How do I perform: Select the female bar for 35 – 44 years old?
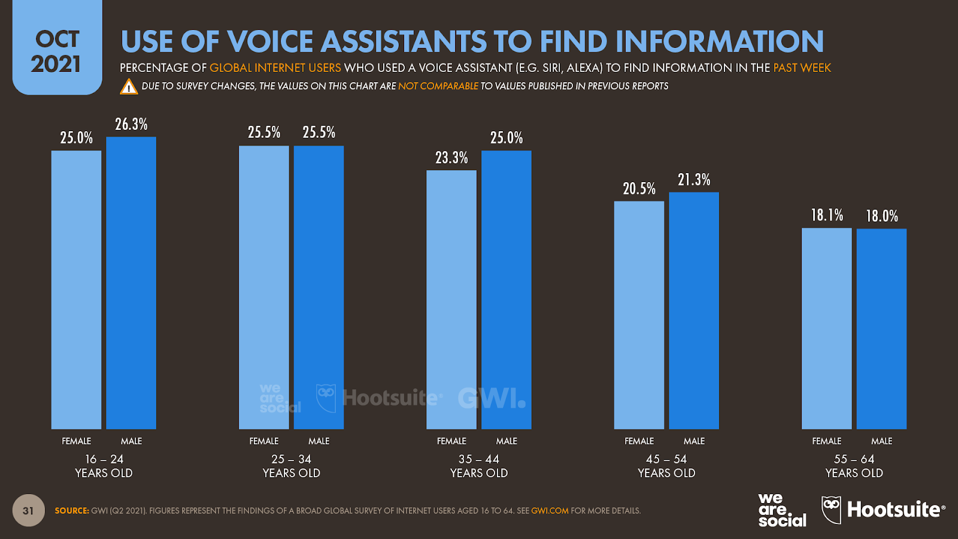pyautogui.click(x=451, y=299)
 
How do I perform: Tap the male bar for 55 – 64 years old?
pyautogui.click(x=881, y=329)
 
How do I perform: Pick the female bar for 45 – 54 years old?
pyautogui.click(x=639, y=315)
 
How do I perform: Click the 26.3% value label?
pyautogui.click(x=131, y=124)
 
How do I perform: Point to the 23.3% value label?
pyautogui.click(x=451, y=158)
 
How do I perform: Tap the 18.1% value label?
pyautogui.click(x=827, y=215)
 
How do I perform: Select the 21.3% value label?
pyautogui.click(x=694, y=180)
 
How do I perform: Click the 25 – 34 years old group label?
pyautogui.click(x=292, y=466)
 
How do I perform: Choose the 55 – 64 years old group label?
pyautogui.click(x=854, y=466)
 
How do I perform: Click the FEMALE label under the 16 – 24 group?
pyautogui.click(x=77, y=441)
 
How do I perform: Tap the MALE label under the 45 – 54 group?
pyautogui.click(x=694, y=441)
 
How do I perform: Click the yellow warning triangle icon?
pyautogui.click(x=129, y=87)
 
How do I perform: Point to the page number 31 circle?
pyautogui.click(x=28, y=511)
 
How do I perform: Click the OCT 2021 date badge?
pyautogui.click(x=57, y=51)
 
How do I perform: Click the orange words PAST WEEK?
pyautogui.click(x=802, y=68)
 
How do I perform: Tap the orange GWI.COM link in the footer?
pyautogui.click(x=550, y=511)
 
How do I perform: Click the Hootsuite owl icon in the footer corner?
pyautogui.click(x=831, y=510)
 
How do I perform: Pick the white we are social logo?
pyautogui.click(x=781, y=510)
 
